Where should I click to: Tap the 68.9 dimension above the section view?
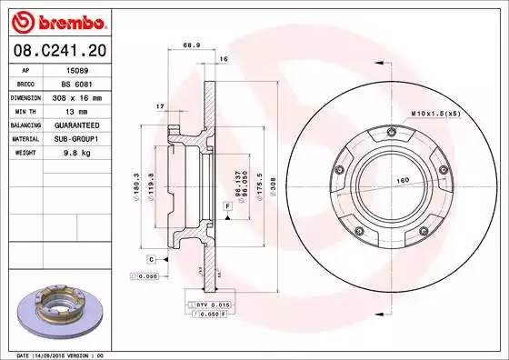191,45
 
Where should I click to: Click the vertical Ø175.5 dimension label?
261,188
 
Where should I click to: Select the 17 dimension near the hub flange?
161,107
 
